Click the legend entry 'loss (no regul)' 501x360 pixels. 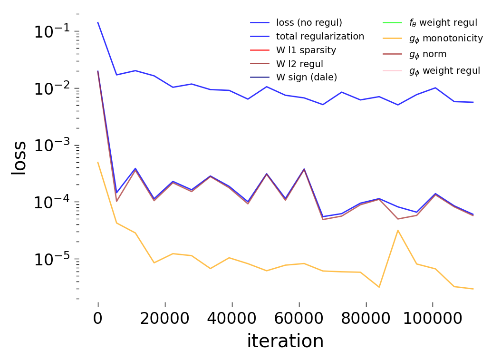coord(309,22)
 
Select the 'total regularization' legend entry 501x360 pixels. coord(320,36)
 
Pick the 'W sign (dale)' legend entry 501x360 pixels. coord(307,77)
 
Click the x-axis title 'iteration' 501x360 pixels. coord(285,341)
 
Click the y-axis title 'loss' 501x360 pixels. coord(19,157)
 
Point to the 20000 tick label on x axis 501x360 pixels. coord(165,318)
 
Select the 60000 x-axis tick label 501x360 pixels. coord(299,318)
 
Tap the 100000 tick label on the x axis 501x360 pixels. coord(432,318)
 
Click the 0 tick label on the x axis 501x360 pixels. coord(98,318)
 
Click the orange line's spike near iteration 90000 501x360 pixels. coord(398,230)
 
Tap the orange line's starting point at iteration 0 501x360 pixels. coord(98,162)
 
